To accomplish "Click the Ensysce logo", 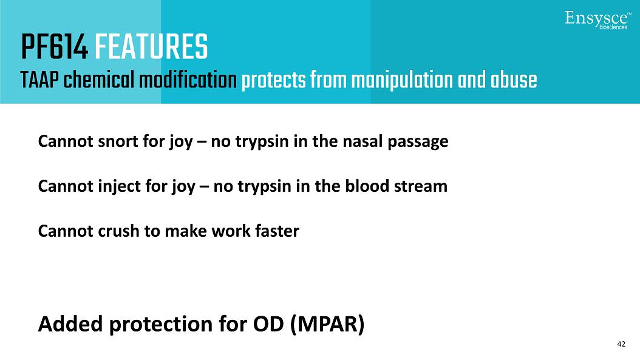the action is (x=597, y=20).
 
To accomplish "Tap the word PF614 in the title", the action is (x=54, y=47).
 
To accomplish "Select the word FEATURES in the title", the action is (x=151, y=47).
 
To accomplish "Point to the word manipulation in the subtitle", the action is (x=402, y=80).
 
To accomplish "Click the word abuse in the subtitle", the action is (x=514, y=80).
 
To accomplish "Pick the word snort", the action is (x=118, y=141).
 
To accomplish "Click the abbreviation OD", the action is (x=268, y=324).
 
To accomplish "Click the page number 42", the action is (x=621, y=344).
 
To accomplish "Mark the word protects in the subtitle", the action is (x=273, y=80).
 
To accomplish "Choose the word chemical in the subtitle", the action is (x=99, y=80).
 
